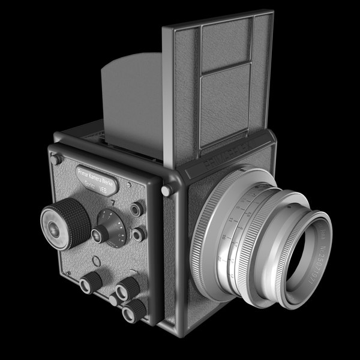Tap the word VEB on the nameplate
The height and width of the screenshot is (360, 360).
point(103,187)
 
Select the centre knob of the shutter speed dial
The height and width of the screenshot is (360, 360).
point(102,233)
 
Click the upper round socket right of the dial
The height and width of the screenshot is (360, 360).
point(137,208)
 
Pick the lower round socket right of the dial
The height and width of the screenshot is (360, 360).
point(139,234)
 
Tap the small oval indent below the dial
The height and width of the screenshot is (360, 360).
point(95,261)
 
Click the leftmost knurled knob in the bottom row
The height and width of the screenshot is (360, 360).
point(91,281)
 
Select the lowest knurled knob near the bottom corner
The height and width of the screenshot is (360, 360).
point(133,310)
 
